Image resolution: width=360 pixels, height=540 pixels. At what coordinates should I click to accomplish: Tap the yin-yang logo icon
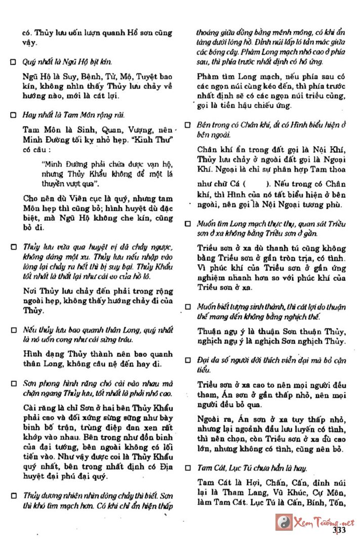tap(282, 522)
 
